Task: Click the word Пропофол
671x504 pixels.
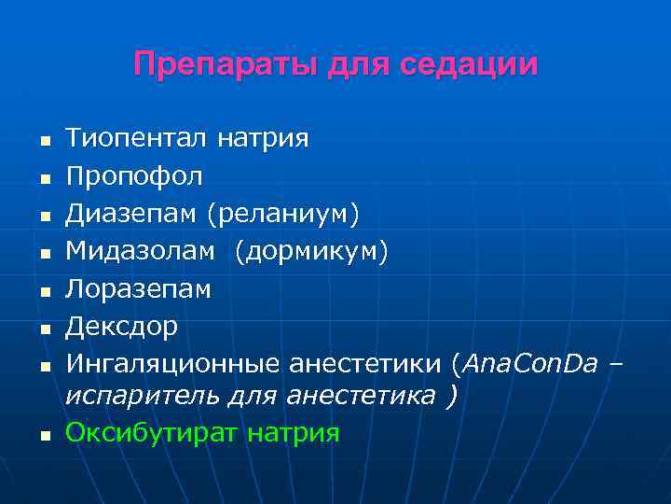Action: click(x=133, y=175)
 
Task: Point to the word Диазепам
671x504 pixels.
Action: click(x=131, y=214)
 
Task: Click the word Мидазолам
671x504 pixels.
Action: click(x=144, y=251)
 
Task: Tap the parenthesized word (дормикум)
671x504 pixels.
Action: click(x=311, y=251)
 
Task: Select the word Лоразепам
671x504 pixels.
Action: click(x=138, y=289)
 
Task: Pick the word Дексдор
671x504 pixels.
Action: click(x=121, y=327)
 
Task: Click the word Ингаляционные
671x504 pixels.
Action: click(x=173, y=362)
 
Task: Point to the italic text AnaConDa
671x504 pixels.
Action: click(x=529, y=362)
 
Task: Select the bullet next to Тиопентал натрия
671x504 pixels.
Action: click(x=43, y=142)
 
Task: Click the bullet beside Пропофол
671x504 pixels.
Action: click(x=43, y=178)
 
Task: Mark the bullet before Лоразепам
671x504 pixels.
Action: click(x=43, y=291)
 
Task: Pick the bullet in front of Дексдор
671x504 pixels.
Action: click(x=43, y=329)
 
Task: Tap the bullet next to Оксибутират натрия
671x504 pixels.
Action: click(x=43, y=435)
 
